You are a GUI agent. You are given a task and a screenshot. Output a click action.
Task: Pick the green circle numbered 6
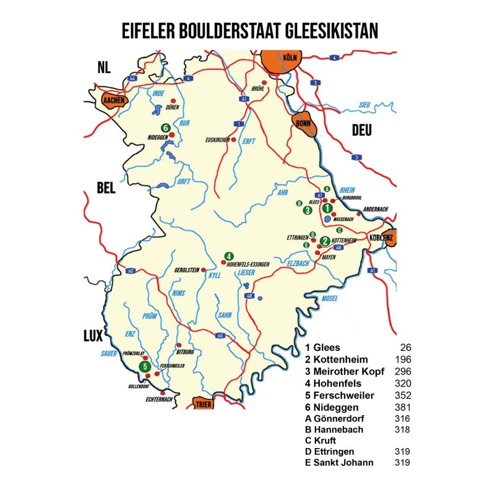(165, 127)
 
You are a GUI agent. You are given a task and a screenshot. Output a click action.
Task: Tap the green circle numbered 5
(145, 366)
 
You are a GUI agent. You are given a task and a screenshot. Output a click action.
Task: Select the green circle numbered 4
(228, 256)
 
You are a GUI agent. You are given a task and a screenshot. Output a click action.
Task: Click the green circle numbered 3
(307, 210)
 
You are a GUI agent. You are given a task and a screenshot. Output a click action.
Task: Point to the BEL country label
(106, 189)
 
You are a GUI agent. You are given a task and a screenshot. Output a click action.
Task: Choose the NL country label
(103, 67)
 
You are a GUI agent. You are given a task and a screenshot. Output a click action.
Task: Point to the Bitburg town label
(186, 351)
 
